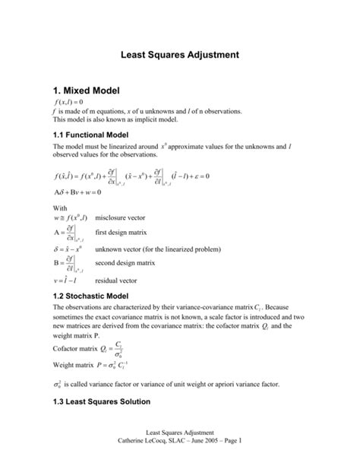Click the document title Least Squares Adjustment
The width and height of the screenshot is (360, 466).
[x=180, y=55]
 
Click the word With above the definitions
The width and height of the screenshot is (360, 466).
[x=59, y=206]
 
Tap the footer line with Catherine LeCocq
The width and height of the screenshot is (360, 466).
[x=180, y=450]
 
